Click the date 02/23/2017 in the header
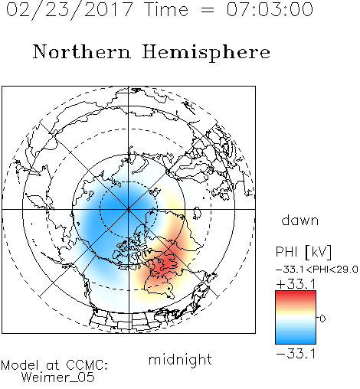(x=70, y=10)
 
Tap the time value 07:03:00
(x=270, y=9)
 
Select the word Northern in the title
(x=82, y=51)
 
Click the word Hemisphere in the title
(x=206, y=52)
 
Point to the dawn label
(x=300, y=220)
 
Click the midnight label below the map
(x=180, y=359)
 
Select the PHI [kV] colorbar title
(x=303, y=252)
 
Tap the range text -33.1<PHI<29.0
(x=317, y=270)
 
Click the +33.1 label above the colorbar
(x=296, y=284)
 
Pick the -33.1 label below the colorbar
(x=296, y=354)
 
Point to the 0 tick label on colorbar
(x=322, y=319)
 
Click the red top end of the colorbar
(x=296, y=293)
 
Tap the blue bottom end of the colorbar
(x=296, y=342)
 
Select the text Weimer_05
(x=58, y=378)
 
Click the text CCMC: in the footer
(x=87, y=365)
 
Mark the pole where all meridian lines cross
(x=129, y=209)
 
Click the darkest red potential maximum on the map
(x=167, y=262)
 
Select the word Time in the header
(x=166, y=9)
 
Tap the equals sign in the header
(x=208, y=10)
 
